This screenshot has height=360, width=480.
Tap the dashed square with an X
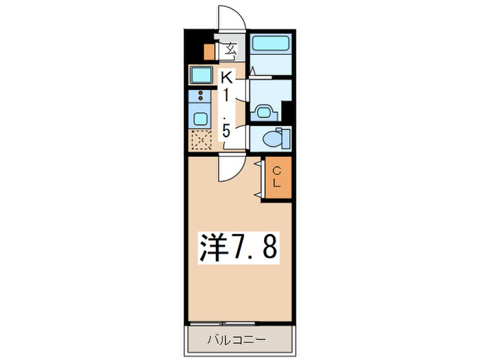coord(201,140)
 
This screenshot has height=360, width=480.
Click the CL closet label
coord(276,177)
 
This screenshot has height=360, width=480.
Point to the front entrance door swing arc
coord(230,17)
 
